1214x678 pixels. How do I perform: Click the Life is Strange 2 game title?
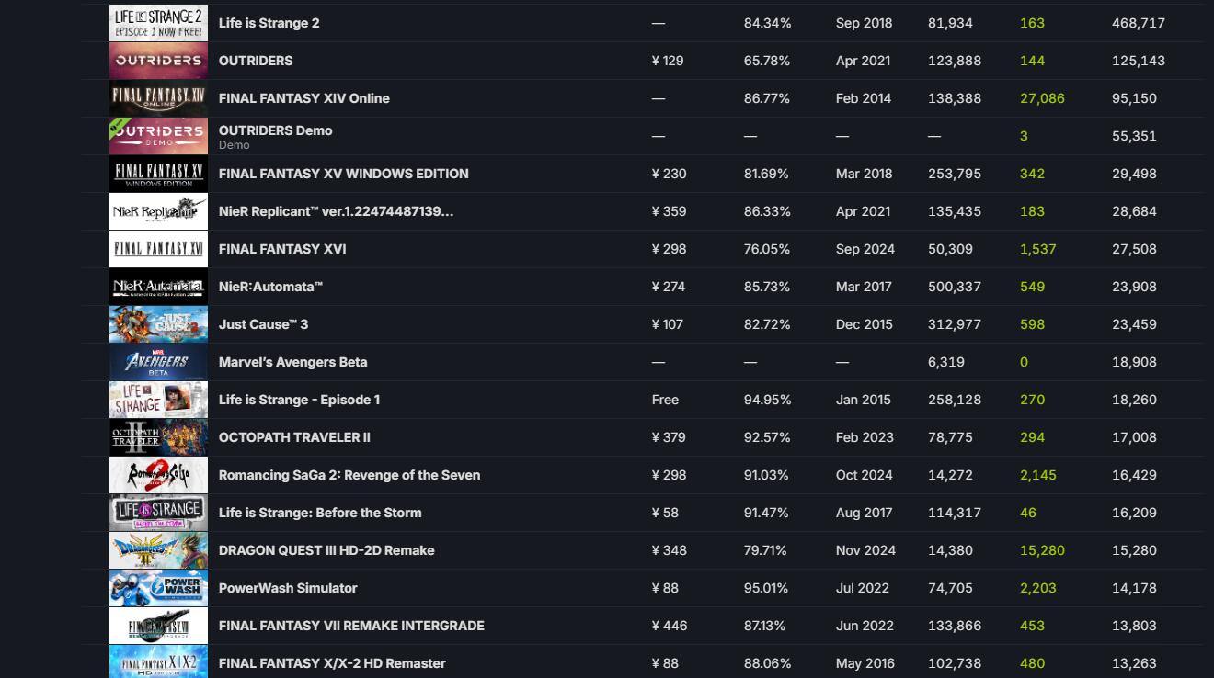(x=269, y=23)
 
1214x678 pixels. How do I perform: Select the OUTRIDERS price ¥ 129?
(x=667, y=61)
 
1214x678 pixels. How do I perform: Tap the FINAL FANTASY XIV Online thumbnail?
(x=158, y=98)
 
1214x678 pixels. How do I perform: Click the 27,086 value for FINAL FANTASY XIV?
(x=1042, y=98)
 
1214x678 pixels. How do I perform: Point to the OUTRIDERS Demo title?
(x=275, y=130)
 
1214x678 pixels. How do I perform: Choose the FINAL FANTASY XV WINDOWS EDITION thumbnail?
(x=158, y=174)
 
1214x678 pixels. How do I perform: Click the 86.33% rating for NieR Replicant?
(x=766, y=211)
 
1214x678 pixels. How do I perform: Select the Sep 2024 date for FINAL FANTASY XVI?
(x=865, y=249)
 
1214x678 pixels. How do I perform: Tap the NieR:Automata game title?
(x=270, y=287)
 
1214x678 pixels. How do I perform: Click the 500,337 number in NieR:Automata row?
(x=954, y=287)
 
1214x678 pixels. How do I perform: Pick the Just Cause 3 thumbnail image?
(x=158, y=324)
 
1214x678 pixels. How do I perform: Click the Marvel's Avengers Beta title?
(x=292, y=362)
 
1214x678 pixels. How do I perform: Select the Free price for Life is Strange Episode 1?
(x=665, y=400)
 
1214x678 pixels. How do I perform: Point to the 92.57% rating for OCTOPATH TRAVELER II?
(x=766, y=437)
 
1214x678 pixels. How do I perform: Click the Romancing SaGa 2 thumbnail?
(x=158, y=475)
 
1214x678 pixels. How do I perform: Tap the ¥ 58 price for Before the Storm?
(x=665, y=513)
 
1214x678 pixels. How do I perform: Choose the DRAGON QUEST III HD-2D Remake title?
(x=326, y=550)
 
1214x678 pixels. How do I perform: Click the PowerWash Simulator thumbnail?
(x=158, y=588)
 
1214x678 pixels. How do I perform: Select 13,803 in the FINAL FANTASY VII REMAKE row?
(x=1134, y=626)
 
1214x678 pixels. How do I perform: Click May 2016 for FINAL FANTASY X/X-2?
(x=864, y=663)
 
